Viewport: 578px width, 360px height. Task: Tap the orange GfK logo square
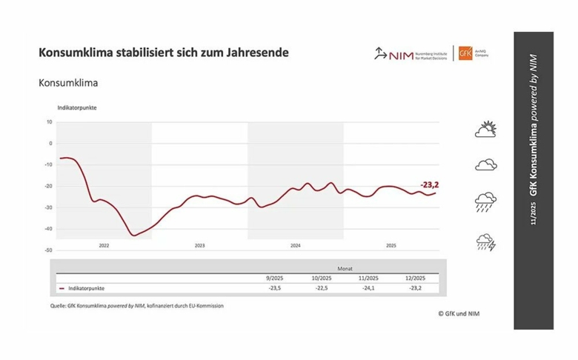click(465, 53)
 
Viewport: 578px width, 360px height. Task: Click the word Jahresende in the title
click(259, 53)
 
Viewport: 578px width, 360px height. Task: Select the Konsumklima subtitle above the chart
click(68, 83)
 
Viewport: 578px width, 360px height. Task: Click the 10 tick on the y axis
click(49, 121)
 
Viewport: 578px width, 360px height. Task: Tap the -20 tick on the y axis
click(48, 186)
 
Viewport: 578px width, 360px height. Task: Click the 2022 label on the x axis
click(104, 245)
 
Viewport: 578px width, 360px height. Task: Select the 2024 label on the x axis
click(295, 245)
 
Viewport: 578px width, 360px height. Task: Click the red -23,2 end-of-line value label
click(430, 184)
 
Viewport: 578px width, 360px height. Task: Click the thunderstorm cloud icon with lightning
click(485, 241)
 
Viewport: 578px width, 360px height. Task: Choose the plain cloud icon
click(485, 164)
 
